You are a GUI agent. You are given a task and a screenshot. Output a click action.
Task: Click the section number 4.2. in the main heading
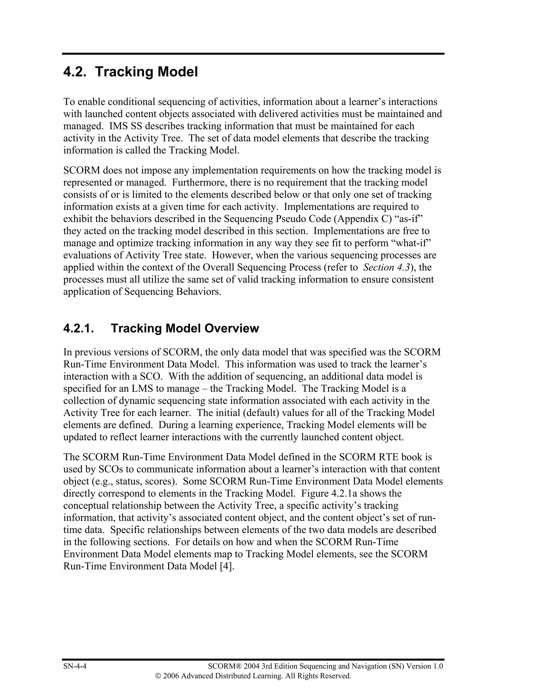[75, 72]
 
